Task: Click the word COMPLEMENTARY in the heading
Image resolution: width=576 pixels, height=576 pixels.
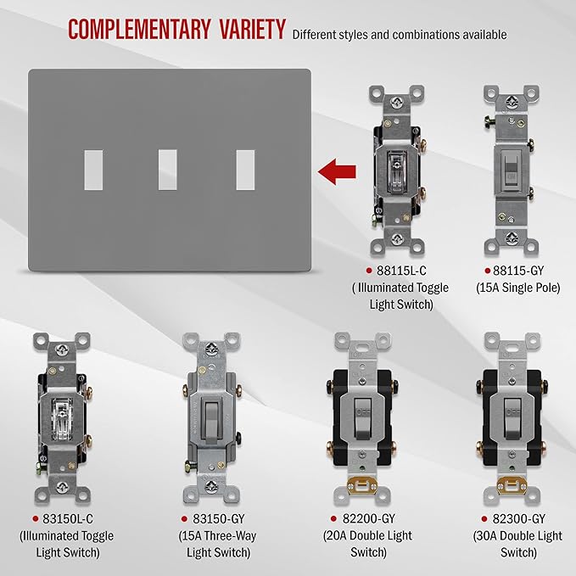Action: click(139, 29)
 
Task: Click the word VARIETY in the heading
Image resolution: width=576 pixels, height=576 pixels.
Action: click(253, 29)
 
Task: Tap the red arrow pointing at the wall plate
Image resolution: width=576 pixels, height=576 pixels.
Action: click(337, 171)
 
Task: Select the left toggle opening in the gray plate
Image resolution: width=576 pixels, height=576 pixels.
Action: click(93, 170)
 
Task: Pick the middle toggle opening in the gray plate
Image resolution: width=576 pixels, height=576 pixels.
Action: click(167, 170)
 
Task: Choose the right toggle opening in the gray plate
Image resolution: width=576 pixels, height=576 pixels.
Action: click(245, 170)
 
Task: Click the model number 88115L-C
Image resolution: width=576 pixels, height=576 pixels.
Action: click(401, 271)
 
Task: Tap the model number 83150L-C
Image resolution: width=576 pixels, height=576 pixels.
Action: click(68, 518)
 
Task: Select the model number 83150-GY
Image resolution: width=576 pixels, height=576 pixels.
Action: click(219, 518)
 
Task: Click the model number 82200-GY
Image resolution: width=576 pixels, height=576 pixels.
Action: click(368, 518)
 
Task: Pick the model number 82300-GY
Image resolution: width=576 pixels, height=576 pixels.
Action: click(518, 518)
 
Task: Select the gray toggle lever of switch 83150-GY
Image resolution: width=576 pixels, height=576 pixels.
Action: click(211, 422)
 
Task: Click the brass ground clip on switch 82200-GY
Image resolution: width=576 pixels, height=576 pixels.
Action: click(362, 486)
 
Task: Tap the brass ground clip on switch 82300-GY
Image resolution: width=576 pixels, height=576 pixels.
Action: click(512, 486)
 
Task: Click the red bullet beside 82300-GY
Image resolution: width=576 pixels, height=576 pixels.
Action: click(484, 518)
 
